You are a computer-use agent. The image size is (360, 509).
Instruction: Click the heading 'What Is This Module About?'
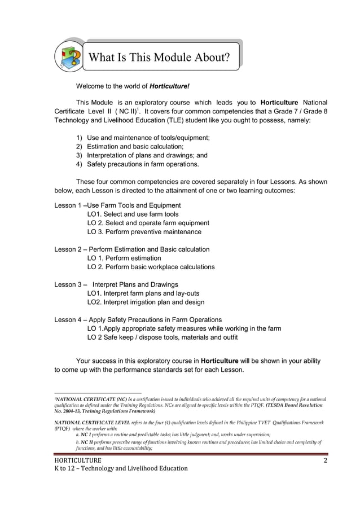click(x=160, y=58)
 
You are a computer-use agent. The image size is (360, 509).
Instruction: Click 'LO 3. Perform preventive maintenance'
click(x=144, y=231)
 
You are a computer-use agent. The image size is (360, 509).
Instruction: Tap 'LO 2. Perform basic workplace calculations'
click(x=151, y=266)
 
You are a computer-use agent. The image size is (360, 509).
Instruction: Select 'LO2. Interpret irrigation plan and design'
click(x=146, y=302)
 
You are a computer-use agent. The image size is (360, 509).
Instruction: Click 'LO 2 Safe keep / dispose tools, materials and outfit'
click(x=163, y=337)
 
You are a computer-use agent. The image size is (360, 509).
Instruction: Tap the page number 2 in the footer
click(x=325, y=462)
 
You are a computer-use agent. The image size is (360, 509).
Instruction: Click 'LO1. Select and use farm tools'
click(x=133, y=214)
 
